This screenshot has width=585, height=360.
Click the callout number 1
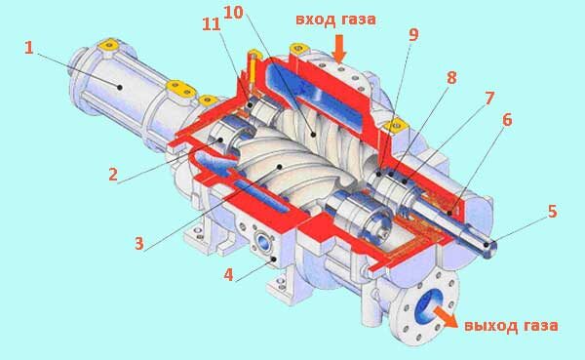click(x=29, y=48)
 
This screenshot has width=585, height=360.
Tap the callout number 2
click(x=113, y=175)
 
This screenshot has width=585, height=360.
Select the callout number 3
click(x=139, y=244)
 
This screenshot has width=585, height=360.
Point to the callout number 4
click(x=228, y=275)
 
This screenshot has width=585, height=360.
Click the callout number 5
click(x=553, y=212)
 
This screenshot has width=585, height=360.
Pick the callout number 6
click(x=507, y=120)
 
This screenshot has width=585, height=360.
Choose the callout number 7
click(x=489, y=99)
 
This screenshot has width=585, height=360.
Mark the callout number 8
click(x=451, y=78)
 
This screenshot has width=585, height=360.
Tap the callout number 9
click(x=413, y=34)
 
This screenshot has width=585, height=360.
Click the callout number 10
click(x=234, y=13)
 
